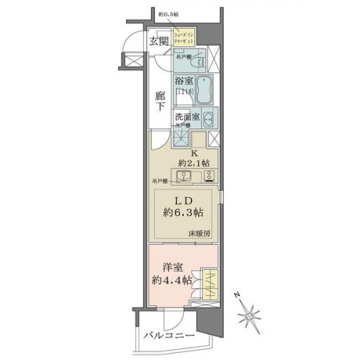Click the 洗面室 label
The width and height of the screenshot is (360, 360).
[186, 115]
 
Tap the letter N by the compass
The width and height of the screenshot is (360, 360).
[238, 296]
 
